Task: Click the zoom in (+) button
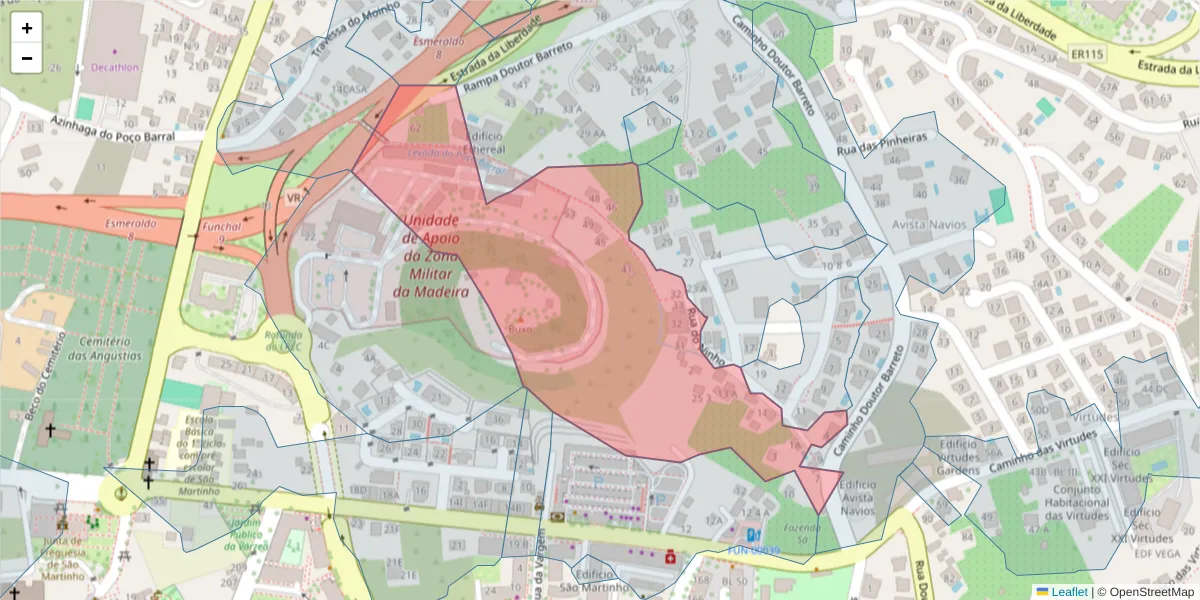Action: tap(27, 28)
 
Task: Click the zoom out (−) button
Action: tap(27, 58)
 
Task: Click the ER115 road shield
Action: tap(1085, 53)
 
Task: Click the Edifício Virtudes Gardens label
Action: tap(958, 456)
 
